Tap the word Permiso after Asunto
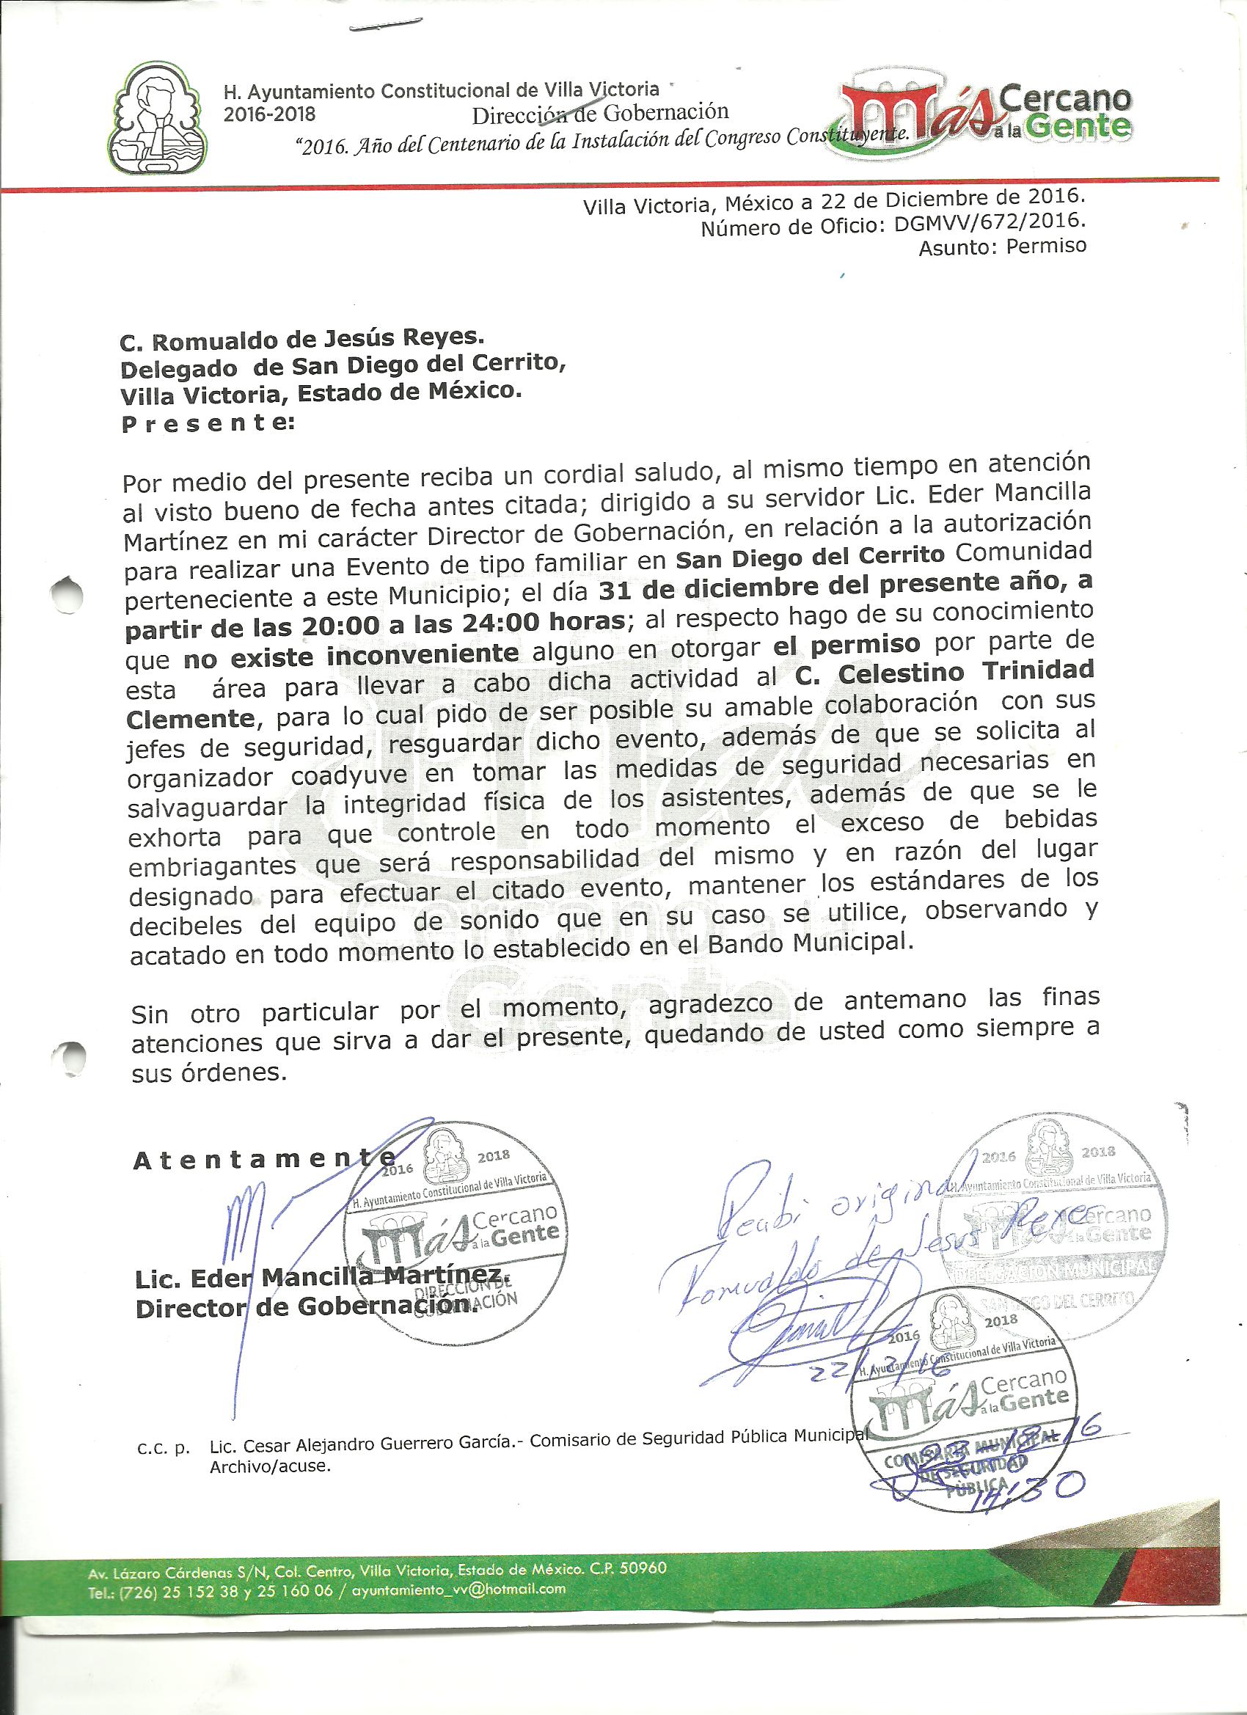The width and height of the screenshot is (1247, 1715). point(1046,246)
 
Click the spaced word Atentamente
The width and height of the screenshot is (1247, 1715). point(264,1160)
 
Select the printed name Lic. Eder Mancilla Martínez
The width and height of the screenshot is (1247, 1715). point(321,1273)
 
